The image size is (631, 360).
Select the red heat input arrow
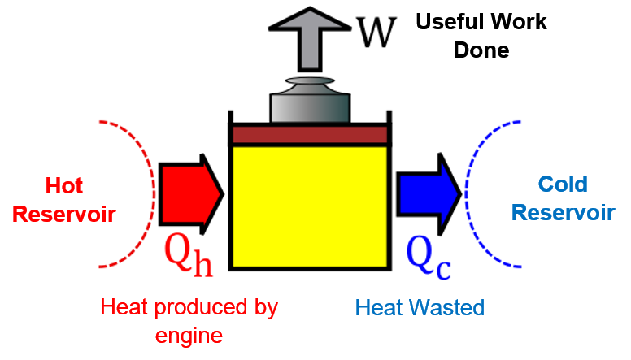pyautogui.click(x=189, y=193)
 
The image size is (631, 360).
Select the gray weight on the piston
pyautogui.click(x=309, y=102)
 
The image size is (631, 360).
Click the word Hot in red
pyautogui.click(x=64, y=186)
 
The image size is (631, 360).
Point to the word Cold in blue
pyautogui.click(x=563, y=184)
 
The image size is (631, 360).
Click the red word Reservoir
pyautogui.click(x=64, y=215)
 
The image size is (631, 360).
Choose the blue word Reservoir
pyautogui.click(x=563, y=213)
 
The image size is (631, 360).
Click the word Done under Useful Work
pyautogui.click(x=481, y=50)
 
